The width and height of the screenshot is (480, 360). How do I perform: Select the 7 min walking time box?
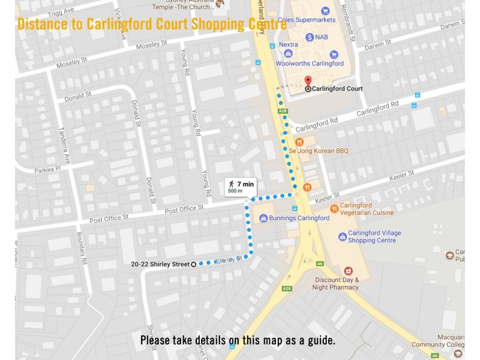click(240, 187)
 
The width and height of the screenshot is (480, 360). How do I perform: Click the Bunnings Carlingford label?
click(299, 218)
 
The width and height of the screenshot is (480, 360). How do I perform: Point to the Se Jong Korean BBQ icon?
click(283, 142)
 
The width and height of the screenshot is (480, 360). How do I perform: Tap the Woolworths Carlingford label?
click(310, 64)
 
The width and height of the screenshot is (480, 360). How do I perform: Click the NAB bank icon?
click(310, 37)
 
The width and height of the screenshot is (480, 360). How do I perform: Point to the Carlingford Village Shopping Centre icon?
click(343, 236)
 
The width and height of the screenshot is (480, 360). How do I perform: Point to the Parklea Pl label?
click(48, 169)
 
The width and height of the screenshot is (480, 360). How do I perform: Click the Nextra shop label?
click(288, 44)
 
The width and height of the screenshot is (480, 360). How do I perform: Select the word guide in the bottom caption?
click(319, 340)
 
